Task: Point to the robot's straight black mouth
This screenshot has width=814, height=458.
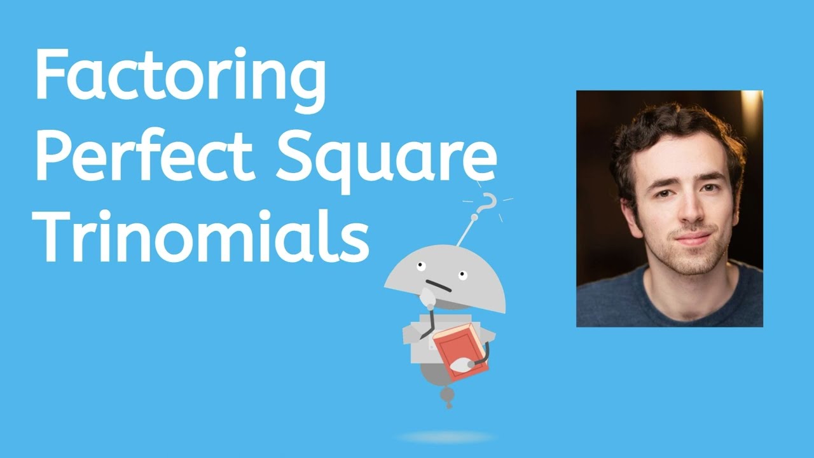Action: pos(439,286)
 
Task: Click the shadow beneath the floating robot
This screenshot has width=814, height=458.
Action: pos(446,437)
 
